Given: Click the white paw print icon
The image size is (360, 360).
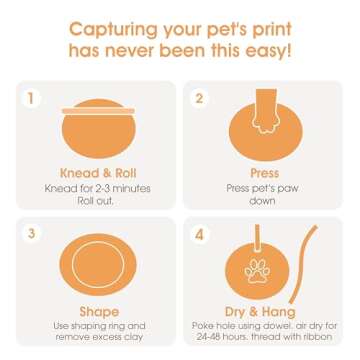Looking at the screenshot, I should click(x=257, y=270).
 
